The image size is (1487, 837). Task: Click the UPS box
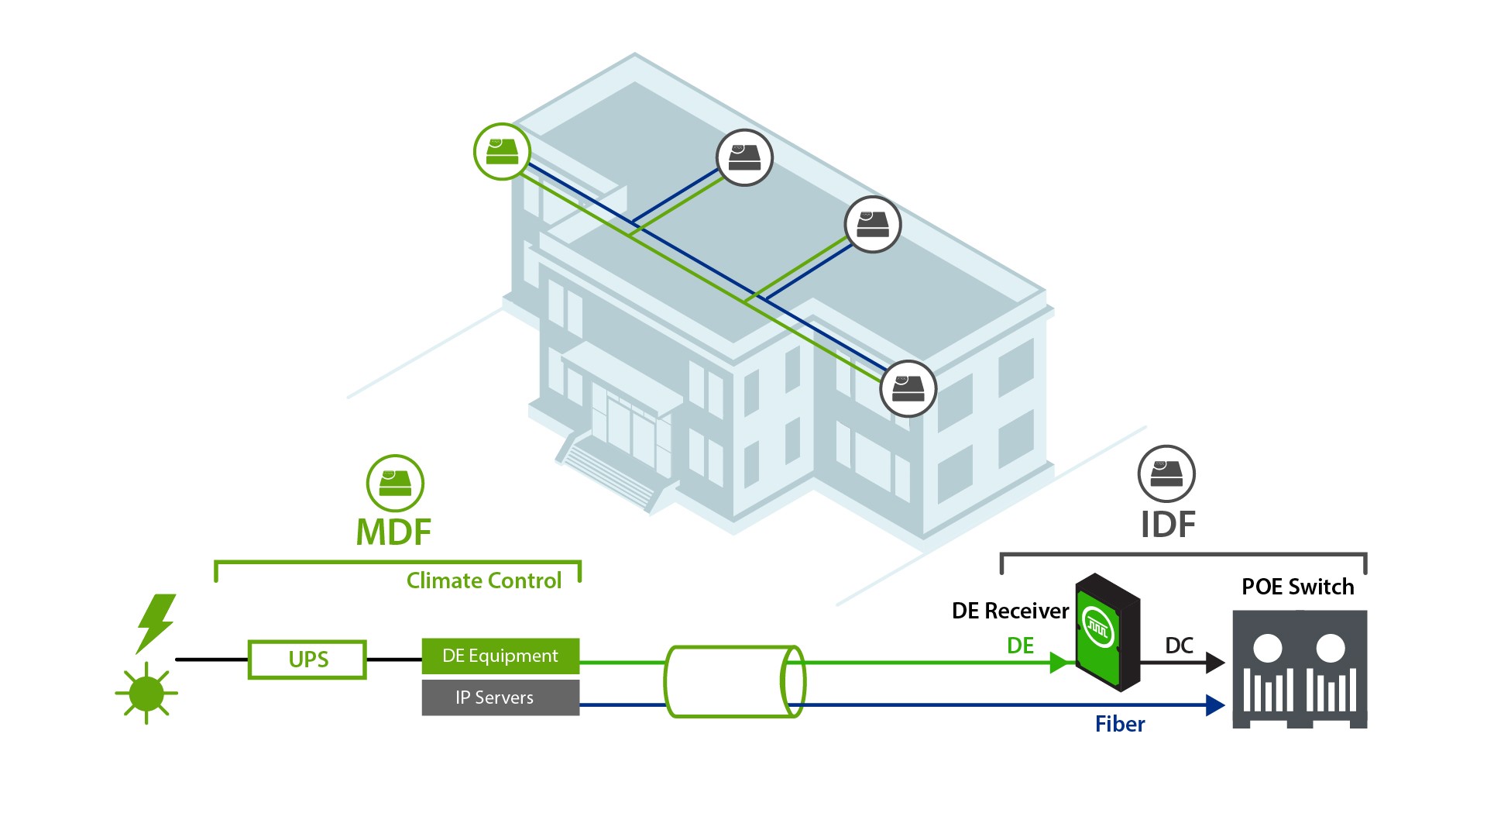tap(307, 660)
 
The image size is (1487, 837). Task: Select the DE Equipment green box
tap(500, 656)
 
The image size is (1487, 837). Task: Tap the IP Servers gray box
tap(500, 697)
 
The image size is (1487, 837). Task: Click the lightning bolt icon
tap(157, 622)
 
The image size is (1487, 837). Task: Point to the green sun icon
tap(146, 692)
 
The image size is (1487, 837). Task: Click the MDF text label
tap(393, 532)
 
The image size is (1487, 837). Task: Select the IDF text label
tap(1168, 525)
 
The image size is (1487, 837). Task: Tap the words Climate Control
tap(484, 580)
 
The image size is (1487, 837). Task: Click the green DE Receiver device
tap(1108, 632)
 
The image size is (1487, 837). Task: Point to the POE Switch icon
tap(1300, 669)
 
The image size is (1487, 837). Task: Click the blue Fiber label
tap(1120, 724)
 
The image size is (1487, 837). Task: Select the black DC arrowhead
tap(1215, 663)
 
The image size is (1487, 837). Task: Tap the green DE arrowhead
tap(1059, 663)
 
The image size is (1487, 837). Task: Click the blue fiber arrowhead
tap(1215, 705)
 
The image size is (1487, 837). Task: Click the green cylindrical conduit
tap(734, 682)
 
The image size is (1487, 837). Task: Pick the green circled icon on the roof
tap(502, 152)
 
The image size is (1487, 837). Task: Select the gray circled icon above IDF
tap(1166, 474)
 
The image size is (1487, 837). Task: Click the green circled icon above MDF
tap(395, 484)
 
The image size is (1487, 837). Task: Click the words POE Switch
tap(1298, 587)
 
